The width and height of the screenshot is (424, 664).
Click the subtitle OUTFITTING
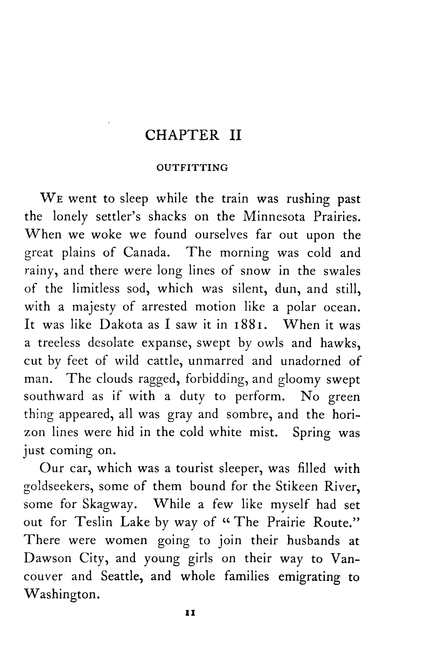point(192,168)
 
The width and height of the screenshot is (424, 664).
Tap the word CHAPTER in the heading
point(182,135)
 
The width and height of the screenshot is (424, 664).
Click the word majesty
point(94,307)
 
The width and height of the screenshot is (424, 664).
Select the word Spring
point(311,433)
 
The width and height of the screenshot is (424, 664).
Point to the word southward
point(54,397)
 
